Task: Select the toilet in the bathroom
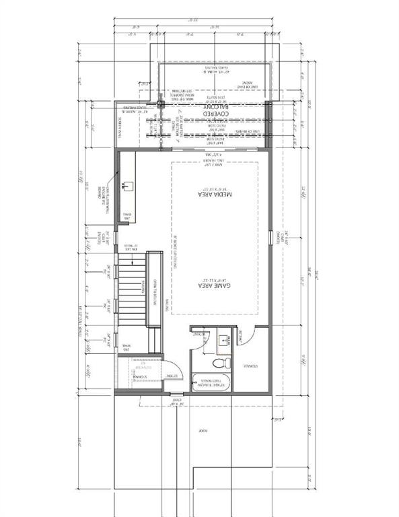point(220,361)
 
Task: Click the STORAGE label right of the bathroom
point(250,366)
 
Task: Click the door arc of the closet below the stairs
point(172,372)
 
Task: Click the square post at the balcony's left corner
point(161,104)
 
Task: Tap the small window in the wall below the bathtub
point(178,393)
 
